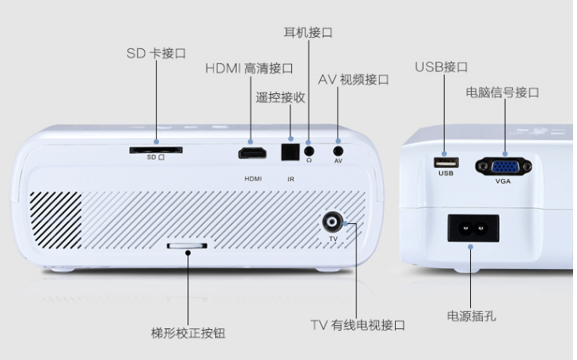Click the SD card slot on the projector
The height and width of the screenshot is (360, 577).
point(155,150)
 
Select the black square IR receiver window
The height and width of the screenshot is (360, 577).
point(290,150)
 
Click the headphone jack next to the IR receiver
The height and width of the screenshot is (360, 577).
point(309,149)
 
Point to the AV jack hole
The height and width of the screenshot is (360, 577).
point(339,149)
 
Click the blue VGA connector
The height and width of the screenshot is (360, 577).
point(503,167)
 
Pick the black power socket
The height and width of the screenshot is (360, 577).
point(473,229)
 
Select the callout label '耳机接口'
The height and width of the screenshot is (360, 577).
point(308,32)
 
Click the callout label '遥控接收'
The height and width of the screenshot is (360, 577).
point(280,97)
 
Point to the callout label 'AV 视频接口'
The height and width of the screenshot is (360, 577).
point(354,80)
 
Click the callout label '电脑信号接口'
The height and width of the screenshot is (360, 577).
point(503,93)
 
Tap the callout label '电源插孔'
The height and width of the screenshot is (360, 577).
point(473,316)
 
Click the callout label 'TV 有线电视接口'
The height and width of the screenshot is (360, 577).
point(356,325)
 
